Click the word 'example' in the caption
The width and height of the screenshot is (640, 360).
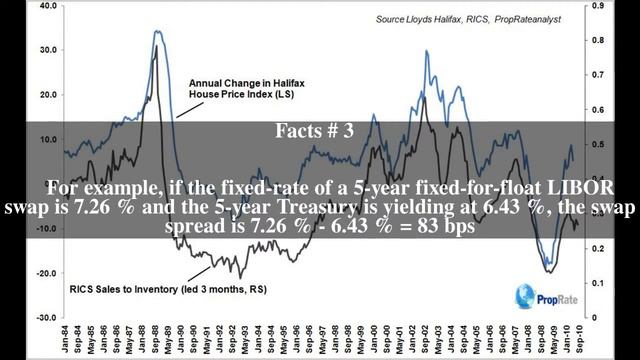tap(117, 189)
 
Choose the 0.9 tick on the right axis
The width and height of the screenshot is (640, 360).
tap(599, 5)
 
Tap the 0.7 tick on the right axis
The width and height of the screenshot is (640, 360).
tap(599, 74)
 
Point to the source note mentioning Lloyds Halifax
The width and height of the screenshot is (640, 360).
tap(509, 18)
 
